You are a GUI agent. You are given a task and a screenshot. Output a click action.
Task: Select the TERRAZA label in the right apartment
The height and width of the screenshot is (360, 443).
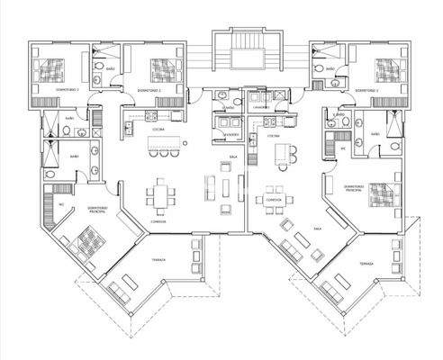(x=365, y=265)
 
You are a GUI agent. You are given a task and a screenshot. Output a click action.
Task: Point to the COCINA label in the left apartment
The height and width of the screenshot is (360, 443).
(x=156, y=130)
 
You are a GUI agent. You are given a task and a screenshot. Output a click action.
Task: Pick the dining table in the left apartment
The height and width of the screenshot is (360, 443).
(x=162, y=194)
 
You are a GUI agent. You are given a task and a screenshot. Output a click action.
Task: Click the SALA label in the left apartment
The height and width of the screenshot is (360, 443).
(x=233, y=157)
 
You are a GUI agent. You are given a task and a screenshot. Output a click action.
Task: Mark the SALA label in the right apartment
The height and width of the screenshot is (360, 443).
(x=317, y=229)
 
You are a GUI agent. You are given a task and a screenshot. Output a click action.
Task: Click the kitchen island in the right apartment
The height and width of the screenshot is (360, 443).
(x=287, y=153)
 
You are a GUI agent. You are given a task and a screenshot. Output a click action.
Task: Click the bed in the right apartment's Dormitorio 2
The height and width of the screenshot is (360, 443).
(x=387, y=68)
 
